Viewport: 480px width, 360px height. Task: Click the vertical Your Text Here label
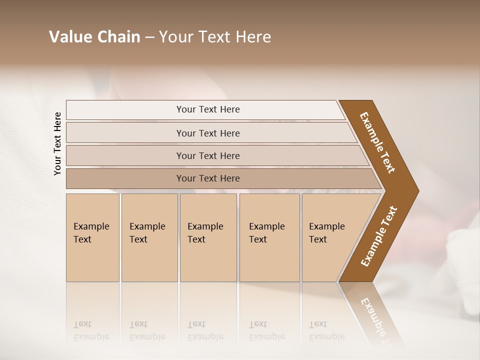pyautogui.click(x=57, y=143)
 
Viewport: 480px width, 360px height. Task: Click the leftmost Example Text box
pyautogui.click(x=92, y=237)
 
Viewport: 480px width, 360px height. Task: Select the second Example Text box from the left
pyautogui.click(x=149, y=237)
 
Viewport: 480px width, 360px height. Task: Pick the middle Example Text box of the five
pyautogui.click(x=208, y=237)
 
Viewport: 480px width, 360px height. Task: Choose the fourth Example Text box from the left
pyautogui.click(x=269, y=237)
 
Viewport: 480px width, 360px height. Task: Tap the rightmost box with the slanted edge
pyautogui.click(x=330, y=237)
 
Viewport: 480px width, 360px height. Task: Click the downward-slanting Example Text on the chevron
pyautogui.click(x=377, y=142)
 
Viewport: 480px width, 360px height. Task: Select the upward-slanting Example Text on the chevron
pyautogui.click(x=378, y=236)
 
